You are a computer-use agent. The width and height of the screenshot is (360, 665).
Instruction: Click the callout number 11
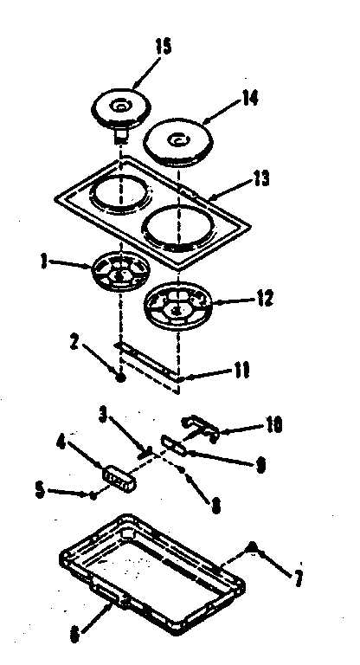tap(241, 371)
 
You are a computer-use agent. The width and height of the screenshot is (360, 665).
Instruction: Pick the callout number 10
tap(273, 426)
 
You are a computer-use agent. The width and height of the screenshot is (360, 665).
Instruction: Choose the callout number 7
tap(299, 578)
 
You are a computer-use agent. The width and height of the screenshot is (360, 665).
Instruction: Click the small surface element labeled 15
tap(120, 107)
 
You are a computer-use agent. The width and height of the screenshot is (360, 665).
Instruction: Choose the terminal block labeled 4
tap(118, 477)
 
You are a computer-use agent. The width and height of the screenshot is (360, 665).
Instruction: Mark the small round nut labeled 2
tap(122, 378)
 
